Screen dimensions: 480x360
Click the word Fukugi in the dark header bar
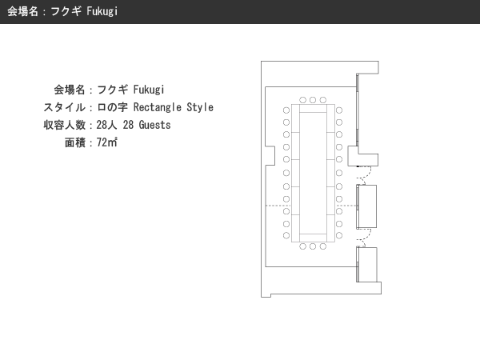coord(102,11)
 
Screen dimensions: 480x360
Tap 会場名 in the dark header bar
coord(22,11)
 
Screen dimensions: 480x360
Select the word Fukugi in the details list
coord(149,90)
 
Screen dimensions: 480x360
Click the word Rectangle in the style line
coord(158,107)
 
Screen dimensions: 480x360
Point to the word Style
coord(200,107)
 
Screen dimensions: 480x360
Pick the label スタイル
coord(64,107)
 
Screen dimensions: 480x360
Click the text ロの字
coord(112,107)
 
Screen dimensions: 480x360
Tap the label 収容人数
coord(64,125)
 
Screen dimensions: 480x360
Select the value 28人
coord(106,125)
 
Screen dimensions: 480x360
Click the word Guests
coord(154,125)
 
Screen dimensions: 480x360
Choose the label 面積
coord(75,142)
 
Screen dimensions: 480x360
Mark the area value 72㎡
coord(107,142)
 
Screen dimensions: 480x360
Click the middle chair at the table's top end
coord(313,100)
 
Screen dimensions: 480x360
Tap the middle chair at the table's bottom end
coord(313,246)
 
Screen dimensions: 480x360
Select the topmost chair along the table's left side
coord(286,110)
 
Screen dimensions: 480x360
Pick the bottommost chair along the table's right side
coord(339,235)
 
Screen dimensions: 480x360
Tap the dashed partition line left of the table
coord(278,206)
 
